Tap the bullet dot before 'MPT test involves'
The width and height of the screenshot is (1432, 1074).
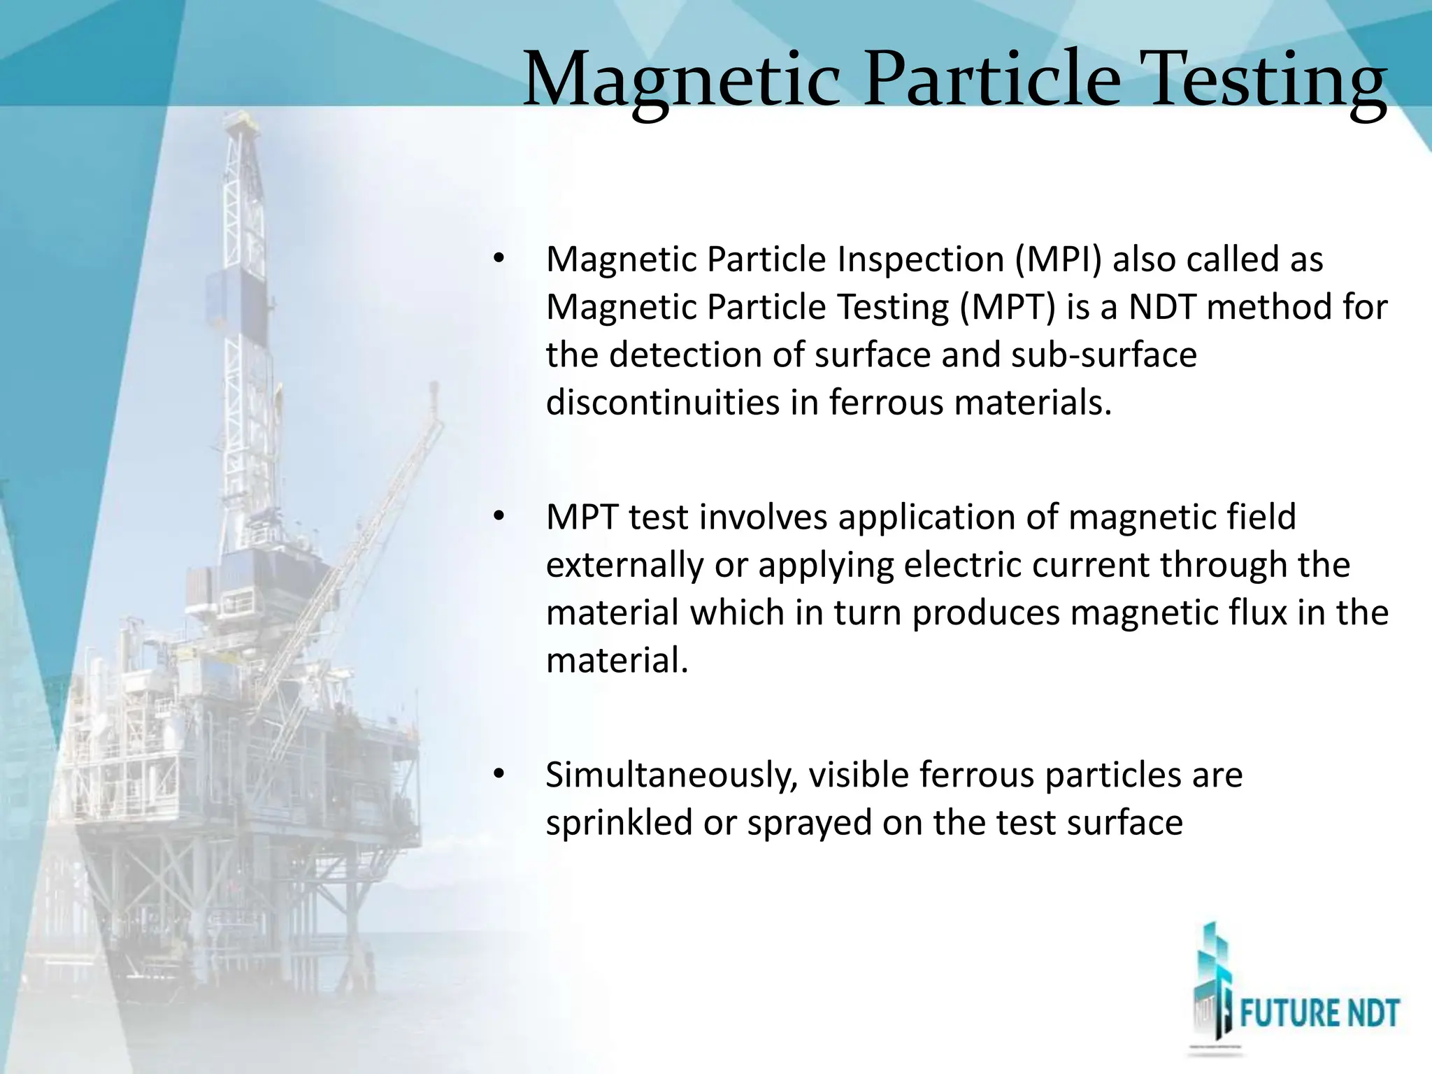coord(498,517)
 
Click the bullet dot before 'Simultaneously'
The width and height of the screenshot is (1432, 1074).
coord(498,775)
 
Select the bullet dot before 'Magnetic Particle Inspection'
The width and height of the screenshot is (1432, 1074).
coord(498,259)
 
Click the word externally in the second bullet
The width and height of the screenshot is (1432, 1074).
coord(624,565)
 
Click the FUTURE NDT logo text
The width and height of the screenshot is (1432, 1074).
coord(1319,1014)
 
